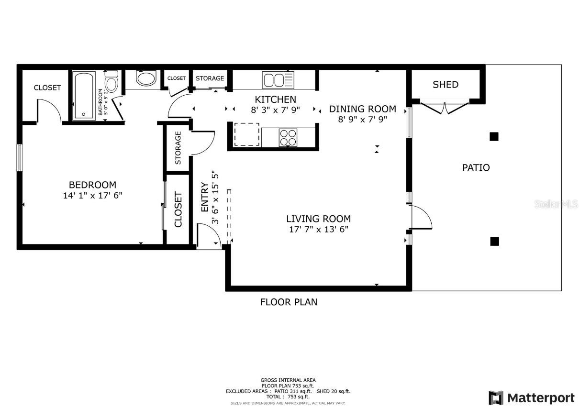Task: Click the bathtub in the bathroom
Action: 84,96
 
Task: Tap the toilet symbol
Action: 112,83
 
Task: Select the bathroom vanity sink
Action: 145,78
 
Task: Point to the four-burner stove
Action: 288,137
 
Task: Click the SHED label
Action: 446,85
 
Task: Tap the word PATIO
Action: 476,168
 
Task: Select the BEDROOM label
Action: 92,185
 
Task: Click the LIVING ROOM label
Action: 318,219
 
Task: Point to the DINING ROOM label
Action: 362,109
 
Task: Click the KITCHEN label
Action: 275,99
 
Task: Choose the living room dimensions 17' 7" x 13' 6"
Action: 318,229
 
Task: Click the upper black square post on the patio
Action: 494,137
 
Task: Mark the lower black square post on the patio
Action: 494,242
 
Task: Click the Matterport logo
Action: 532,397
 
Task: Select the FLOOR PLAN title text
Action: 289,302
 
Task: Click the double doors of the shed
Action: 445,108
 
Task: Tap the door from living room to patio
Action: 421,218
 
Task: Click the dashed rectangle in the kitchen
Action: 247,134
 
